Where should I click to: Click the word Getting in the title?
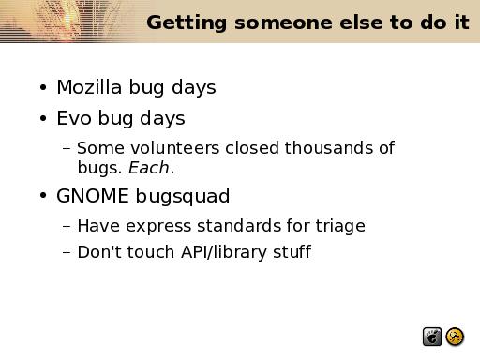187,22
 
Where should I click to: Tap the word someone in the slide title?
283,22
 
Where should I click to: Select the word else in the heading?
361,22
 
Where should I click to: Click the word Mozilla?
89,87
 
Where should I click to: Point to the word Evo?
74,118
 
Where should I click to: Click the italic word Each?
149,168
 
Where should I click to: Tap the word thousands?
329,147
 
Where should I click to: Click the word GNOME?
93,196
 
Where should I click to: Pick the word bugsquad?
183,197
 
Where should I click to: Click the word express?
158,227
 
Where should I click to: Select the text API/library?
223,252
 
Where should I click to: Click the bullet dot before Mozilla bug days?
43,87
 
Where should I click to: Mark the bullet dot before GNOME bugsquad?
43,196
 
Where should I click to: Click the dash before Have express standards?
67,226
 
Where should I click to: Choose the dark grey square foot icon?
432,337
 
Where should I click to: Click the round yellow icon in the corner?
455,337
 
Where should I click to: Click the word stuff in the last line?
292,251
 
